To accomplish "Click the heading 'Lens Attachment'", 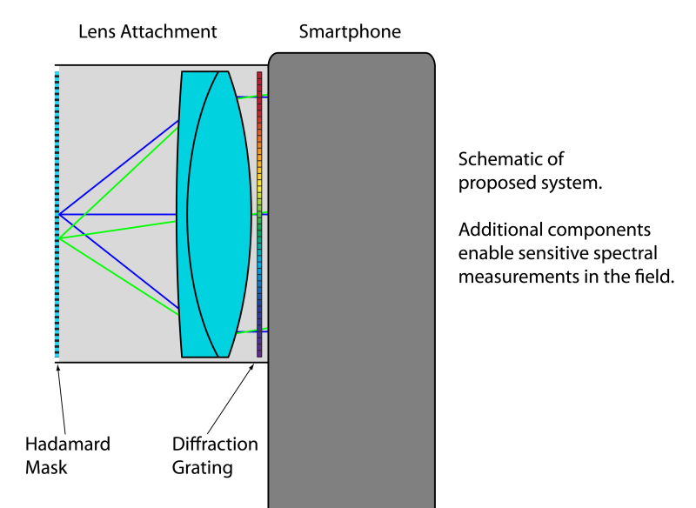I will [x=147, y=32].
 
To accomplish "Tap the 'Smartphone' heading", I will [x=350, y=32].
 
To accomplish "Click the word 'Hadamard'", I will [x=67, y=444].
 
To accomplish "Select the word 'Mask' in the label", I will [x=45, y=467].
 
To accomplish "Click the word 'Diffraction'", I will [x=215, y=444].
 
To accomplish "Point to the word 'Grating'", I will [x=202, y=467].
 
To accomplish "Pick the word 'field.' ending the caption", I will [x=654, y=277].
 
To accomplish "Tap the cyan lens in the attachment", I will [x=209, y=214].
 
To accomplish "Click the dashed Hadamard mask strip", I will [x=57, y=214].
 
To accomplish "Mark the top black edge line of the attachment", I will [x=161, y=65].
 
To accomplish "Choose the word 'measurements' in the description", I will [x=519, y=277].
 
